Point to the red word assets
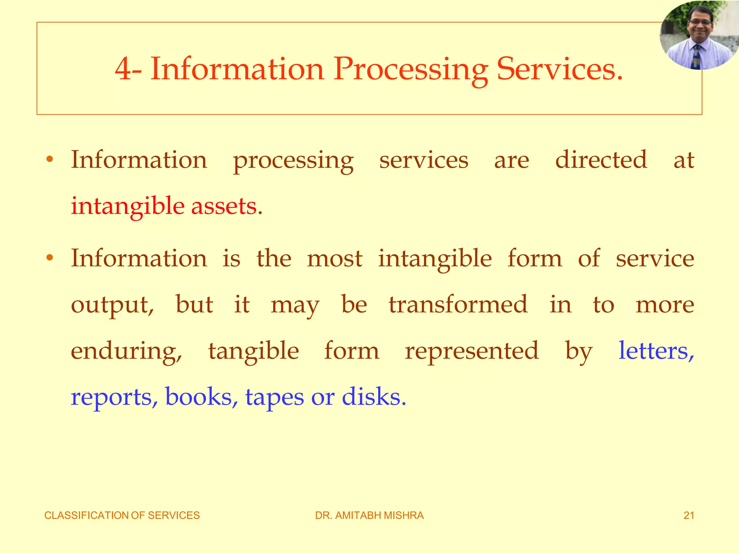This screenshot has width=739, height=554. [226, 206]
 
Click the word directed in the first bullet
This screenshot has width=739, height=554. [601, 160]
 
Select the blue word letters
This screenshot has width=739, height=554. [656, 350]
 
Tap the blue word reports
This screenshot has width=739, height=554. [114, 397]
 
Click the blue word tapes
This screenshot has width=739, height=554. [275, 397]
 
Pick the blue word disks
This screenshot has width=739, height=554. [373, 397]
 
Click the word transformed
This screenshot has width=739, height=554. [458, 304]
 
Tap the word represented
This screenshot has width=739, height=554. [472, 350]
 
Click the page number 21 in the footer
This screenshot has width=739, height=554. [689, 515]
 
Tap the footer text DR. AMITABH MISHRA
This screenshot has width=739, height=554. [369, 515]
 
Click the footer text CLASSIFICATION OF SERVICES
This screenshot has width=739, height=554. [122, 515]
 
